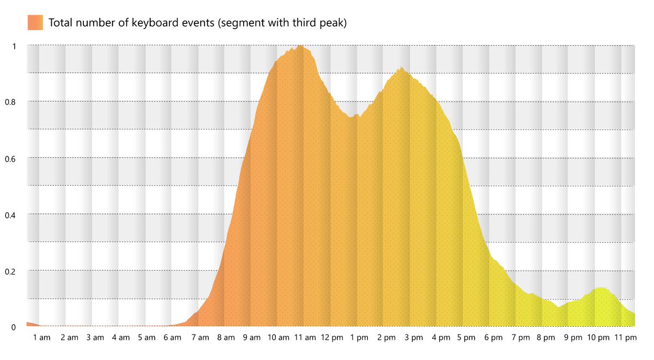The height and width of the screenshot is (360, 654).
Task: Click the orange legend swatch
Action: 35,23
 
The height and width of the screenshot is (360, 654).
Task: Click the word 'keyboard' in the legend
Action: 161,23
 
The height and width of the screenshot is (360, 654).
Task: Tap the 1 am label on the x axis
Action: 41,338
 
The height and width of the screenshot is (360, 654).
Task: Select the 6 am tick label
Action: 172,338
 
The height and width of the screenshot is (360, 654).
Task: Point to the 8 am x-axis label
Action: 226,338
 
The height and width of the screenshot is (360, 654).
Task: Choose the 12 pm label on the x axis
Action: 332,338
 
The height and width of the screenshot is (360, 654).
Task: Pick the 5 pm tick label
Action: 467,338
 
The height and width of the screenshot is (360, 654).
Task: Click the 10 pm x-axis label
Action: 598,338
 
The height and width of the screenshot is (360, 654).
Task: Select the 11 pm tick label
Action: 625,338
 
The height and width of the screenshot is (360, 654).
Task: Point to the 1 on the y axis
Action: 14,46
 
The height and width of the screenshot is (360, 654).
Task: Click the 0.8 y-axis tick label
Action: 11,102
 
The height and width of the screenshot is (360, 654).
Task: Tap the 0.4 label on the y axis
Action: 11,215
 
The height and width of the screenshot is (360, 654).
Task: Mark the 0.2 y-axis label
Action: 11,271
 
